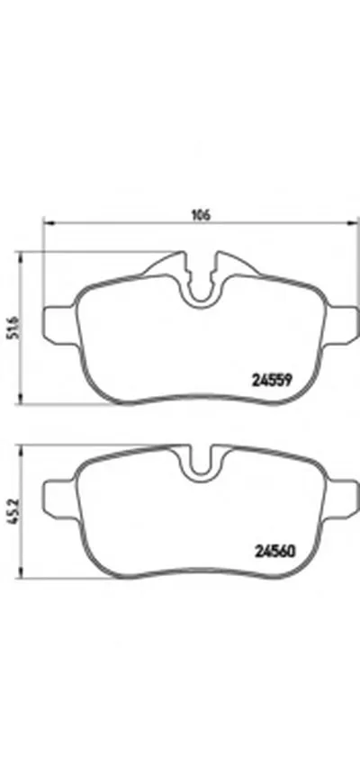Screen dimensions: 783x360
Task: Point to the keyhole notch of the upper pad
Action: pyautogui.click(x=201, y=283)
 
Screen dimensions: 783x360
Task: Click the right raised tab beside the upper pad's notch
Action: pyautogui.click(x=230, y=266)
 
